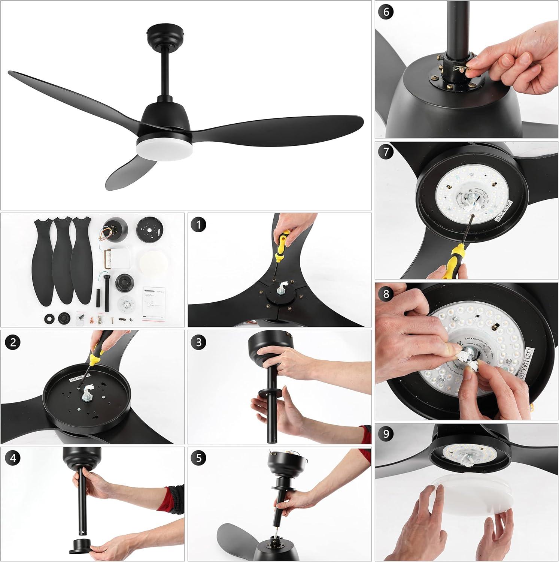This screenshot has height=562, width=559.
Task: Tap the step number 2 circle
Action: (x=13, y=342)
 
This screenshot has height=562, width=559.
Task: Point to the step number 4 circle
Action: (x=13, y=459)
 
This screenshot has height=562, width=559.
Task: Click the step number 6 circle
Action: (x=386, y=12)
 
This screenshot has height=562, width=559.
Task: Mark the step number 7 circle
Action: (x=386, y=153)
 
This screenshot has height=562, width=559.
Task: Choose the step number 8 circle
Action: (x=386, y=294)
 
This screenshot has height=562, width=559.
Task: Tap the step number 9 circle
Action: (x=386, y=435)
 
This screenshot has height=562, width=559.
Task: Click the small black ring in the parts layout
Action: (x=49, y=319)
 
